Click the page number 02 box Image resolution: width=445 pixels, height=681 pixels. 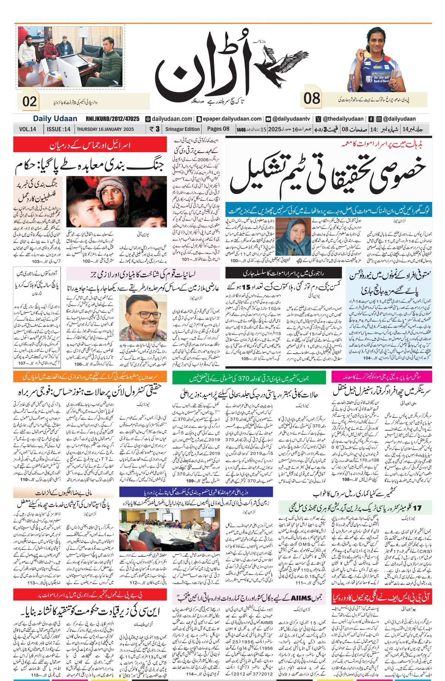[x=30, y=101]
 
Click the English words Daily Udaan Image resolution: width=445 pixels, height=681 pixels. [x=55, y=119]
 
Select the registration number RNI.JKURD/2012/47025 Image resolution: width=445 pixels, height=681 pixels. [x=112, y=119]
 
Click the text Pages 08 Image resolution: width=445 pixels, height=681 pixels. [x=218, y=129]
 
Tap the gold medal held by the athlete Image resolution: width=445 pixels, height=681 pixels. [x=367, y=54]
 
